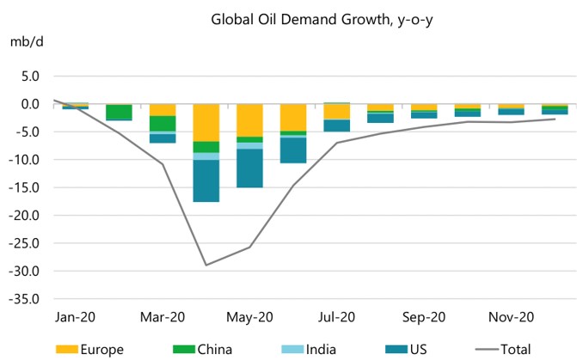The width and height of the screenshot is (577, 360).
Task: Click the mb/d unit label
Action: point(23,41)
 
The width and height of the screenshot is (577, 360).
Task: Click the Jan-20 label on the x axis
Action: point(74,317)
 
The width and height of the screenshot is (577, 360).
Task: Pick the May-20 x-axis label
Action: point(249,317)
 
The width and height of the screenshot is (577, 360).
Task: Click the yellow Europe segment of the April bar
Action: point(206,122)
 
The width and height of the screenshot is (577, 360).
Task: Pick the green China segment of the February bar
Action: point(119,112)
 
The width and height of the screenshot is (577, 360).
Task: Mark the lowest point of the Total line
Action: point(206,265)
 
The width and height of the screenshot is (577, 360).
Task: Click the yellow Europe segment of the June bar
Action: point(293,117)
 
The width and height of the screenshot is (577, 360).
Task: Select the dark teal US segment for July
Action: point(337,125)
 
